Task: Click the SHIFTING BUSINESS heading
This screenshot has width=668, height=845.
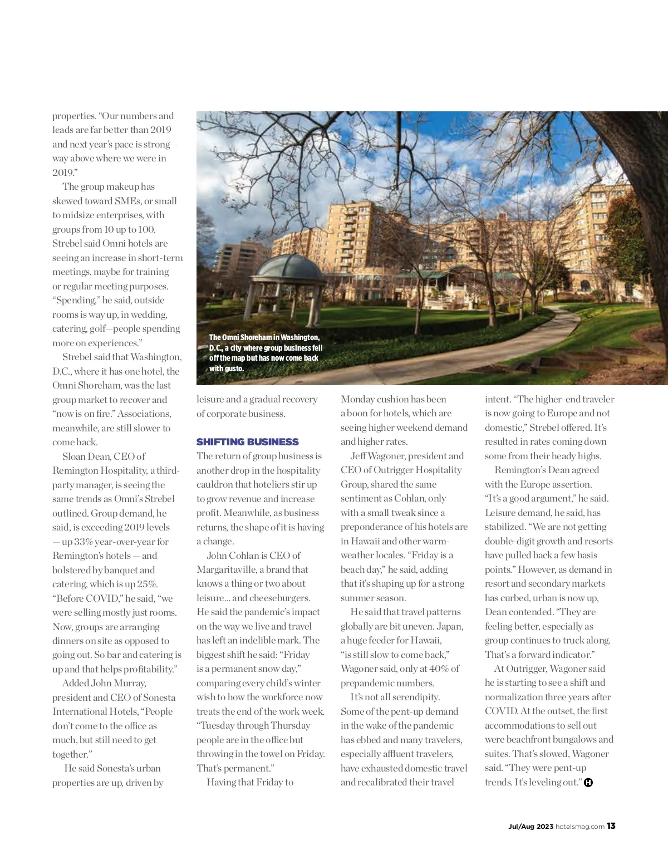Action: click(247, 442)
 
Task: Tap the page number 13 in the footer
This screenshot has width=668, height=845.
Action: click(611, 826)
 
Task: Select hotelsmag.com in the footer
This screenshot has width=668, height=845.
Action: click(580, 827)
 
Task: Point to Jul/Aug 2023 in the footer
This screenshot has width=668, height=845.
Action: click(531, 827)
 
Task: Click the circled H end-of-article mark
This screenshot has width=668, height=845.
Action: click(588, 783)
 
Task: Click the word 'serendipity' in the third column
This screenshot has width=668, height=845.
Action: click(413, 697)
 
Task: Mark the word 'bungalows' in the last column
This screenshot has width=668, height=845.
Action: click(569, 739)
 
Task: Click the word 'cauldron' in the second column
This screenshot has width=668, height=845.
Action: click(214, 484)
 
